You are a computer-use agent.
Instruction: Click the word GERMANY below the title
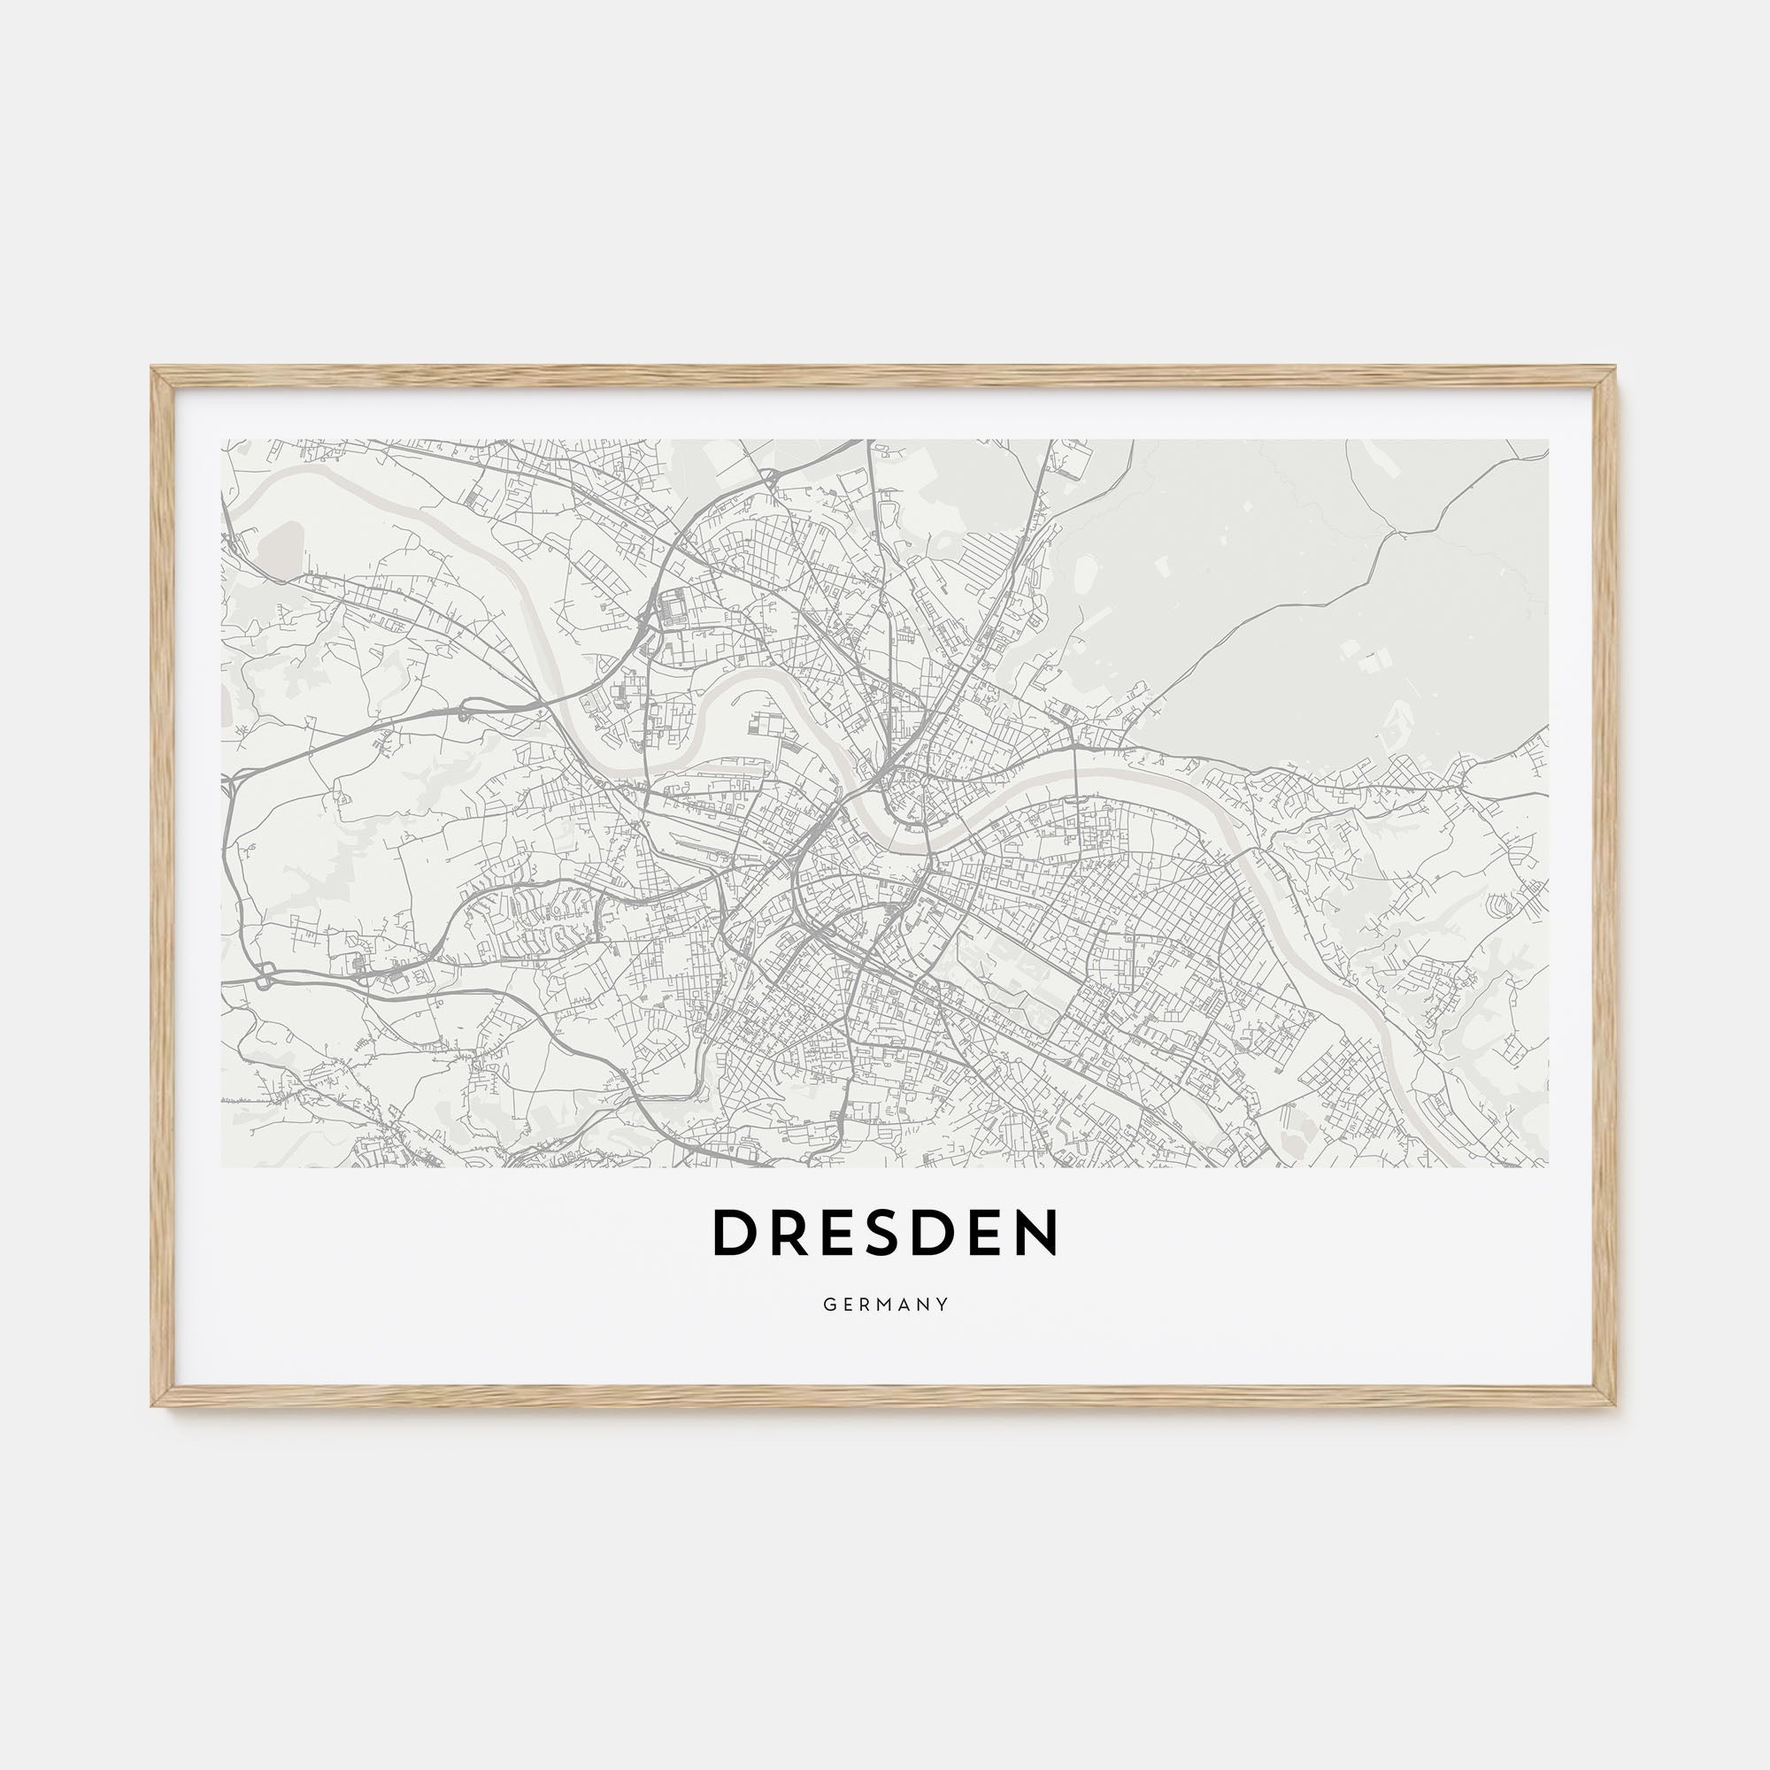click(885, 1304)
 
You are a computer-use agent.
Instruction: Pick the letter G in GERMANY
click(827, 1304)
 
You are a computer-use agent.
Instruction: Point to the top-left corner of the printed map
click(222, 441)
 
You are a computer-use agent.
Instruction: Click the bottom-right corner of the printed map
click(1547, 1166)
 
